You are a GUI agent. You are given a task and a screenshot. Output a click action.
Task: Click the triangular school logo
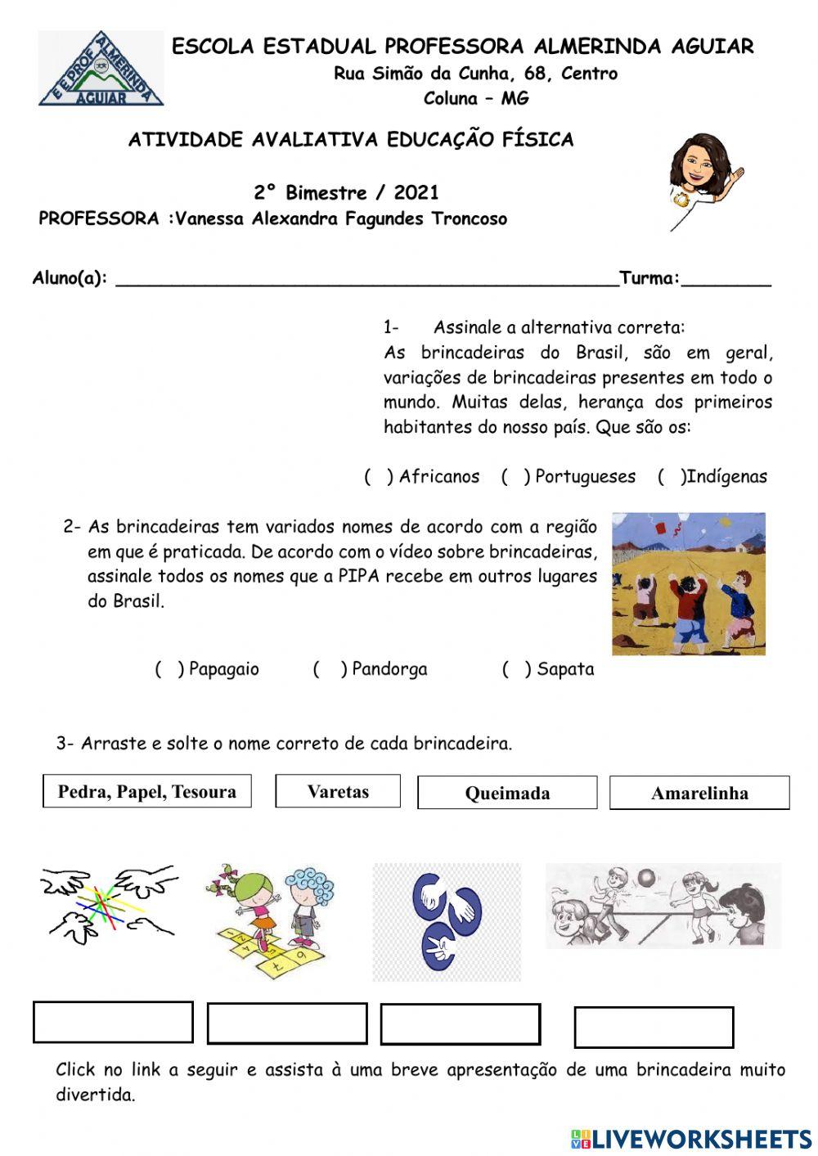pos(101,70)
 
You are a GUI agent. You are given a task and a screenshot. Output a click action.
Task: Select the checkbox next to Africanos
pos(379,477)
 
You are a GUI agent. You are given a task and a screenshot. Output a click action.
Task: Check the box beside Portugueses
pos(515,477)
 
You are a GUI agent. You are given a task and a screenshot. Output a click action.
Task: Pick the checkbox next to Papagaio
pos(169,669)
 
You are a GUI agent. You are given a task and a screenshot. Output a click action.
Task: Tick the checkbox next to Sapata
pos(517,669)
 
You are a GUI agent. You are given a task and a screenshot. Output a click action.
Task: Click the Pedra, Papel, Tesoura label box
pos(147,791)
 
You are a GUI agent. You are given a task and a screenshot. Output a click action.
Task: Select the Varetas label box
pos(338,791)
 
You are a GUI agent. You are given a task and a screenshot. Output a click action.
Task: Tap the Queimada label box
pos(507,793)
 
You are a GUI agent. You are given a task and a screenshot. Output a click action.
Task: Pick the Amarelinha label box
pos(699,793)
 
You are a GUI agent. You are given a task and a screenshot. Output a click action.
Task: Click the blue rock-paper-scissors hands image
pos(447,922)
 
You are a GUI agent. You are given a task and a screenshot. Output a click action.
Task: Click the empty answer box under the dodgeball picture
pos(654,1027)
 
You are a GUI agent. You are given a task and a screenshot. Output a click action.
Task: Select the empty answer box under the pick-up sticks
pos(113,1022)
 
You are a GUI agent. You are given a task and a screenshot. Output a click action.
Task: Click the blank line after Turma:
pos(726,278)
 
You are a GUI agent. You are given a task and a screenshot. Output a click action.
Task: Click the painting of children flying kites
pos(689,583)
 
